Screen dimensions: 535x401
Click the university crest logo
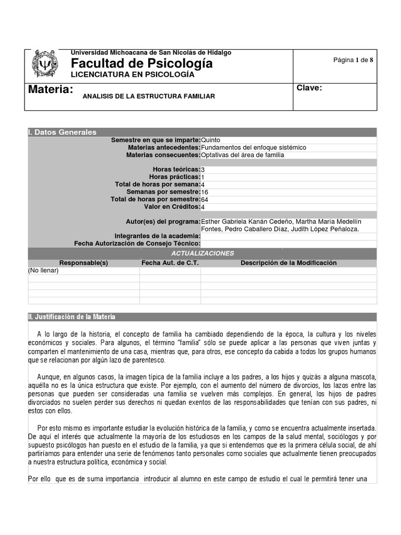point(45,64)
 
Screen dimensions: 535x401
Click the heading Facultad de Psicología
point(142,64)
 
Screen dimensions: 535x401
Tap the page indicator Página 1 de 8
point(353,60)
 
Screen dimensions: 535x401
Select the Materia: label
point(50,89)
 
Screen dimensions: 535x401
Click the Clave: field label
point(309,88)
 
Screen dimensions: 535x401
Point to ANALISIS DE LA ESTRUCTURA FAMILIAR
point(148,97)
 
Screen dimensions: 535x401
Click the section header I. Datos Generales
point(62,133)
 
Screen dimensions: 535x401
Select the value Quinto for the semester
point(210,140)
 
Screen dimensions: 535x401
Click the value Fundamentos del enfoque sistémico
point(254,148)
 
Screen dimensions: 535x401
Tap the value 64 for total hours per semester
point(205,200)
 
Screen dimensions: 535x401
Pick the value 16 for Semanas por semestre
point(205,192)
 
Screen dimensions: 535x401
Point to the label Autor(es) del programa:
point(163,222)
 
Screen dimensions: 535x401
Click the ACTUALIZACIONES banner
point(202,253)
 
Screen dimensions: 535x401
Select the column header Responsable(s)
point(84,263)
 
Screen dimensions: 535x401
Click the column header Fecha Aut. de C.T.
point(170,263)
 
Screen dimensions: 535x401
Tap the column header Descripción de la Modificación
point(288,263)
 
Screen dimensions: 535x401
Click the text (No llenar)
point(43,271)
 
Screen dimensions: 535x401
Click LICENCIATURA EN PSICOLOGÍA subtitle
point(133,75)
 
